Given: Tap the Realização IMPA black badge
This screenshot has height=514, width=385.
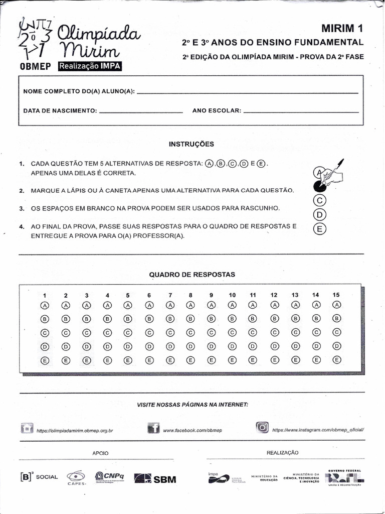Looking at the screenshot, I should pyautogui.click(x=90, y=66).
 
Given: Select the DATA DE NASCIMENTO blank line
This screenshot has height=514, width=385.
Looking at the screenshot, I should pyautogui.click(x=141, y=111).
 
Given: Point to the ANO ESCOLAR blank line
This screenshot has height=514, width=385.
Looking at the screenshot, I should pyautogui.click(x=300, y=111).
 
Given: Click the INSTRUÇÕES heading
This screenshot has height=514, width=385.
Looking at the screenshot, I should pyautogui.click(x=191, y=144).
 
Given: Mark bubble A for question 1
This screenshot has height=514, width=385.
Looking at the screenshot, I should pyautogui.click(x=45, y=305).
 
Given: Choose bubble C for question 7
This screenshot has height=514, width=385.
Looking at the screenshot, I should pyautogui.click(x=170, y=332).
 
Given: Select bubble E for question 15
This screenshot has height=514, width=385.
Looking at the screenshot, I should pyautogui.click(x=336, y=359).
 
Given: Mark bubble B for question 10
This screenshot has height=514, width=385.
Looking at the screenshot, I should pyautogui.click(x=232, y=318).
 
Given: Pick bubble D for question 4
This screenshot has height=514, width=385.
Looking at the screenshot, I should pyautogui.click(x=107, y=346).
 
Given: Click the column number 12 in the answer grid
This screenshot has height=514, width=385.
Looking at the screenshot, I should pyautogui.click(x=274, y=295).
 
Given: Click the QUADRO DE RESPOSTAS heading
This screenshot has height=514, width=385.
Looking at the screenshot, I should pyautogui.click(x=192, y=275).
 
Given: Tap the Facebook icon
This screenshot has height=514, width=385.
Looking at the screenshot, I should pyautogui.click(x=153, y=428).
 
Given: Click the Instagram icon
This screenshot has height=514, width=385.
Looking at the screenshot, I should pyautogui.click(x=262, y=428).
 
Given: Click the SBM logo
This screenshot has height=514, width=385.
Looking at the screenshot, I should pyautogui.click(x=156, y=479).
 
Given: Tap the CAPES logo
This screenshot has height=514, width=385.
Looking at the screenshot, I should pyautogui.click(x=77, y=477).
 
